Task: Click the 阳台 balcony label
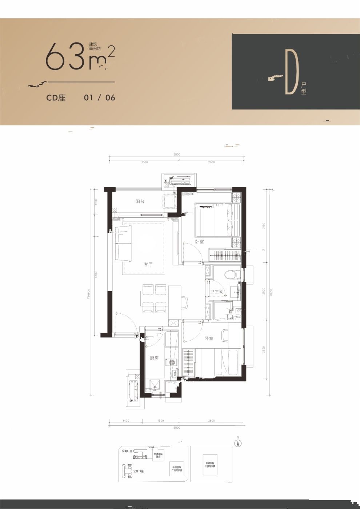[140, 201]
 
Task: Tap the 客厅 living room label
[148, 264]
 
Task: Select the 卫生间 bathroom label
[216, 292]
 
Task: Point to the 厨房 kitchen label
[154, 358]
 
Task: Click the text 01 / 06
[99, 97]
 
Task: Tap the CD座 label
[56, 97]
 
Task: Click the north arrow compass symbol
[238, 442]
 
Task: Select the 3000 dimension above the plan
[144, 162]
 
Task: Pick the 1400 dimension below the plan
[125, 421]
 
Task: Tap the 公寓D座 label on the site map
[138, 471]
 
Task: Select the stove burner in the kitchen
[172, 362]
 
